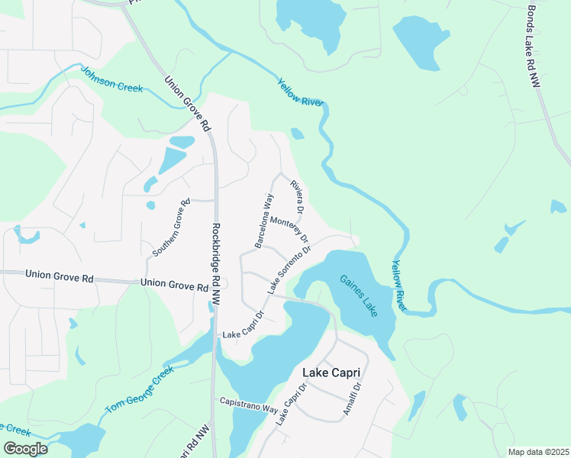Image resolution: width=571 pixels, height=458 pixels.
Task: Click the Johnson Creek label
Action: [111, 81]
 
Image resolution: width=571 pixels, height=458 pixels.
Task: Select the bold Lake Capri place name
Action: [331, 373]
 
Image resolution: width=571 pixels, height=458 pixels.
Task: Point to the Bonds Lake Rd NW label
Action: [534, 46]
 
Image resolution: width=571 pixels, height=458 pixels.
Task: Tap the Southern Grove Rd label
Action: [170, 227]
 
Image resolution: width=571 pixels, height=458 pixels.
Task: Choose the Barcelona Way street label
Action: [264, 221]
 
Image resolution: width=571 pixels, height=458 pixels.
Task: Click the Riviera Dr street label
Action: [297, 196]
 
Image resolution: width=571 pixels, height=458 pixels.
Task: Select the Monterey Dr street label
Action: [289, 227]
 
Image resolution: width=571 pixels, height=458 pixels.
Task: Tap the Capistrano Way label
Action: [249, 405]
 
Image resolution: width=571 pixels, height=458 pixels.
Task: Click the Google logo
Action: [25, 449]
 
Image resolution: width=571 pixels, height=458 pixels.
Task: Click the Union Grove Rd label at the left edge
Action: [59, 276]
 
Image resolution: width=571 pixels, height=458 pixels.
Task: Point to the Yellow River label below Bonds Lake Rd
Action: [400, 285]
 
